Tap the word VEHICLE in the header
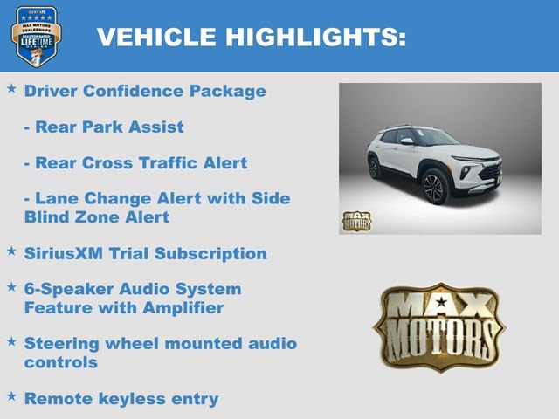(x=156, y=37)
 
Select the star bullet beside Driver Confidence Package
(x=12, y=89)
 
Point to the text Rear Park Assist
(x=104, y=127)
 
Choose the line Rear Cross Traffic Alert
(x=135, y=163)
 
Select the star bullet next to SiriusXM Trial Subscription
(x=12, y=251)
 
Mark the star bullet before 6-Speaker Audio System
(x=12, y=286)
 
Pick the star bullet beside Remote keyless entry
(x=12, y=396)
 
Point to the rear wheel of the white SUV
(x=375, y=168)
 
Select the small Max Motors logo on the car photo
(x=355, y=221)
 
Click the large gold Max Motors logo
(x=439, y=326)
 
